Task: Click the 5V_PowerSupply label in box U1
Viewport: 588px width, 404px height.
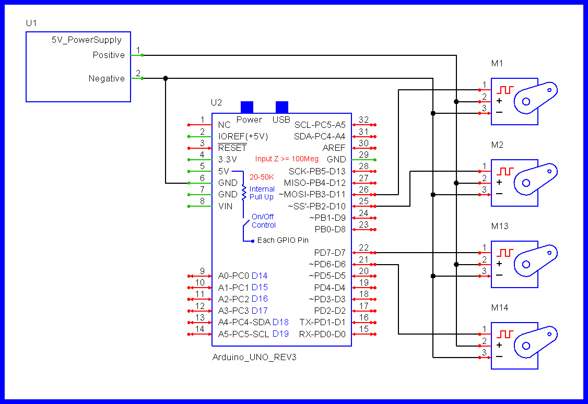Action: (x=86, y=40)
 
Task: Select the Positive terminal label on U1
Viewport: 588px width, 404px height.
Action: (x=109, y=55)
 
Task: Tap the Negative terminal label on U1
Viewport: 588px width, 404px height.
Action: (x=107, y=78)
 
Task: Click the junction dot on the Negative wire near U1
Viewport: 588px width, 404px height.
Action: (x=166, y=78)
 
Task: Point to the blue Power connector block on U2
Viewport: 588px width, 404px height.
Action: (x=246, y=106)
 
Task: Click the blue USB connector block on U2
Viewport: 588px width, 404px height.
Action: (x=281, y=106)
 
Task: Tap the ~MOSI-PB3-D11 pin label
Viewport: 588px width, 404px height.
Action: (x=312, y=195)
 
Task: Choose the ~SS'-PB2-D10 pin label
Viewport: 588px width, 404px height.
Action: (x=316, y=206)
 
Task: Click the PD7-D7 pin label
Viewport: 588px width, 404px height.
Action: (x=330, y=253)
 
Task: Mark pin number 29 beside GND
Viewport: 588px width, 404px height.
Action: (x=363, y=155)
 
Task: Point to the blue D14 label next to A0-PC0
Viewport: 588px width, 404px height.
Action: (x=260, y=276)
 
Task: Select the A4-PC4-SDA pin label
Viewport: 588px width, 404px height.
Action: (x=244, y=322)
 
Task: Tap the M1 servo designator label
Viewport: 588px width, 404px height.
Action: (x=497, y=64)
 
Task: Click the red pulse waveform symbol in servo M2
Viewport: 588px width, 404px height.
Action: (x=505, y=171)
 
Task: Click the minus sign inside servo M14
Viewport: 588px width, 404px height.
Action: (x=499, y=357)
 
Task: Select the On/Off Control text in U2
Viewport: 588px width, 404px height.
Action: (x=264, y=221)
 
